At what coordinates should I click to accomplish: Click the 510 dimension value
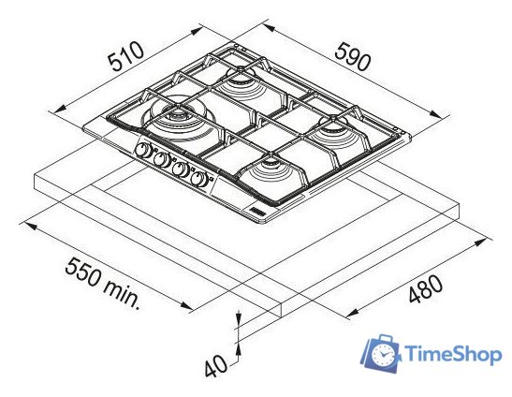(126, 56)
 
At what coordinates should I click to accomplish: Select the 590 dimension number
(353, 57)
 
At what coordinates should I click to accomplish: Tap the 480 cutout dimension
(426, 288)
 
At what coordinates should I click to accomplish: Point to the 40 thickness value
(215, 365)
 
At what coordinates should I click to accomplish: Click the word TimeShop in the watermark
(453, 354)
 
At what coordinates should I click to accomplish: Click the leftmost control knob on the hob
(143, 150)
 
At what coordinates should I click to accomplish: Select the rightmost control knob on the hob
(199, 179)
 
